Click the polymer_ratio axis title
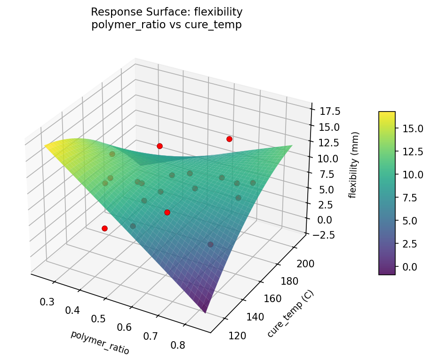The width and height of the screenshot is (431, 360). click(100, 342)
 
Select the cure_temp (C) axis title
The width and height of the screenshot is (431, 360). click(290, 314)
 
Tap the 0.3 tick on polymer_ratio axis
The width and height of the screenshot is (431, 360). click(47, 302)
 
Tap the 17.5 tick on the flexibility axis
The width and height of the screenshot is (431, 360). click(330, 112)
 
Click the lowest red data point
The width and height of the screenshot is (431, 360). click(104, 228)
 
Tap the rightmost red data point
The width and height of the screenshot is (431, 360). click(229, 139)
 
